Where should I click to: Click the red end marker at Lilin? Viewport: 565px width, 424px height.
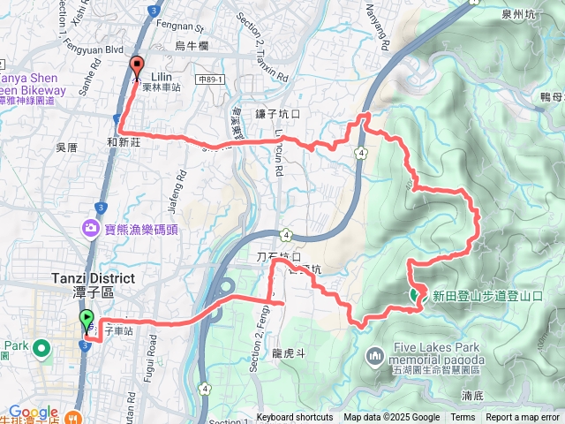point(137,65)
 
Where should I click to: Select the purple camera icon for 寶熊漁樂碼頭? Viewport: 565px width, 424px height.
point(92,229)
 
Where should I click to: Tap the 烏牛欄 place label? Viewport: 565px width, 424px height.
point(191,45)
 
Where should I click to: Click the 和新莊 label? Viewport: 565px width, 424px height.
point(124,140)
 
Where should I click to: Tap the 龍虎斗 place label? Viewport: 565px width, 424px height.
point(289,352)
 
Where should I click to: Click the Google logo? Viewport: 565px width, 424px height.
point(34,412)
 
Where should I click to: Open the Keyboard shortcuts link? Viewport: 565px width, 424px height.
point(295,418)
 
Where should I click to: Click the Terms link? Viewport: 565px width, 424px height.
point(463,418)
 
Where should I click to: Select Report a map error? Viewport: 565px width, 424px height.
point(524,418)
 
